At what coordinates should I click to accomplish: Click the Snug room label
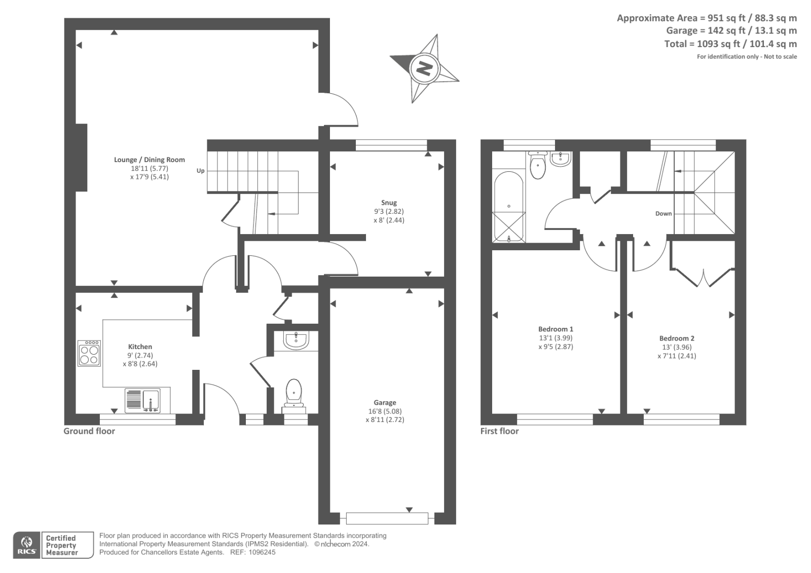point(389,203)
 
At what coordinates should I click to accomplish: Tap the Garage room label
point(385,403)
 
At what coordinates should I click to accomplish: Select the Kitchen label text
point(140,347)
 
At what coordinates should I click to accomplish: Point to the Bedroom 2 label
point(677,338)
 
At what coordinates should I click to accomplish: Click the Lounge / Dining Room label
point(150,160)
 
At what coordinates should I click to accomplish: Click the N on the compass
point(424,68)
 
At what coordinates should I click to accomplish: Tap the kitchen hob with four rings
point(89,353)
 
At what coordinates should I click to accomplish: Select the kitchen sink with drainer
point(142,400)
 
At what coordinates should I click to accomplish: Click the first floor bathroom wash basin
point(561,159)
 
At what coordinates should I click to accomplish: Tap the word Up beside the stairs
point(201,171)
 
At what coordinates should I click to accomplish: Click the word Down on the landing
point(663,213)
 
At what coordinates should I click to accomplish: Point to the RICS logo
point(26,545)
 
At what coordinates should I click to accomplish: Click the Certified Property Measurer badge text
point(61,545)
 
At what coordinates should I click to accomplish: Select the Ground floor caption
point(89,431)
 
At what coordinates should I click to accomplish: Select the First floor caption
point(500,431)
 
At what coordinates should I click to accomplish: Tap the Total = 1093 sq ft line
point(730,44)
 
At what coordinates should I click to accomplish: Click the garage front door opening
point(387,518)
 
